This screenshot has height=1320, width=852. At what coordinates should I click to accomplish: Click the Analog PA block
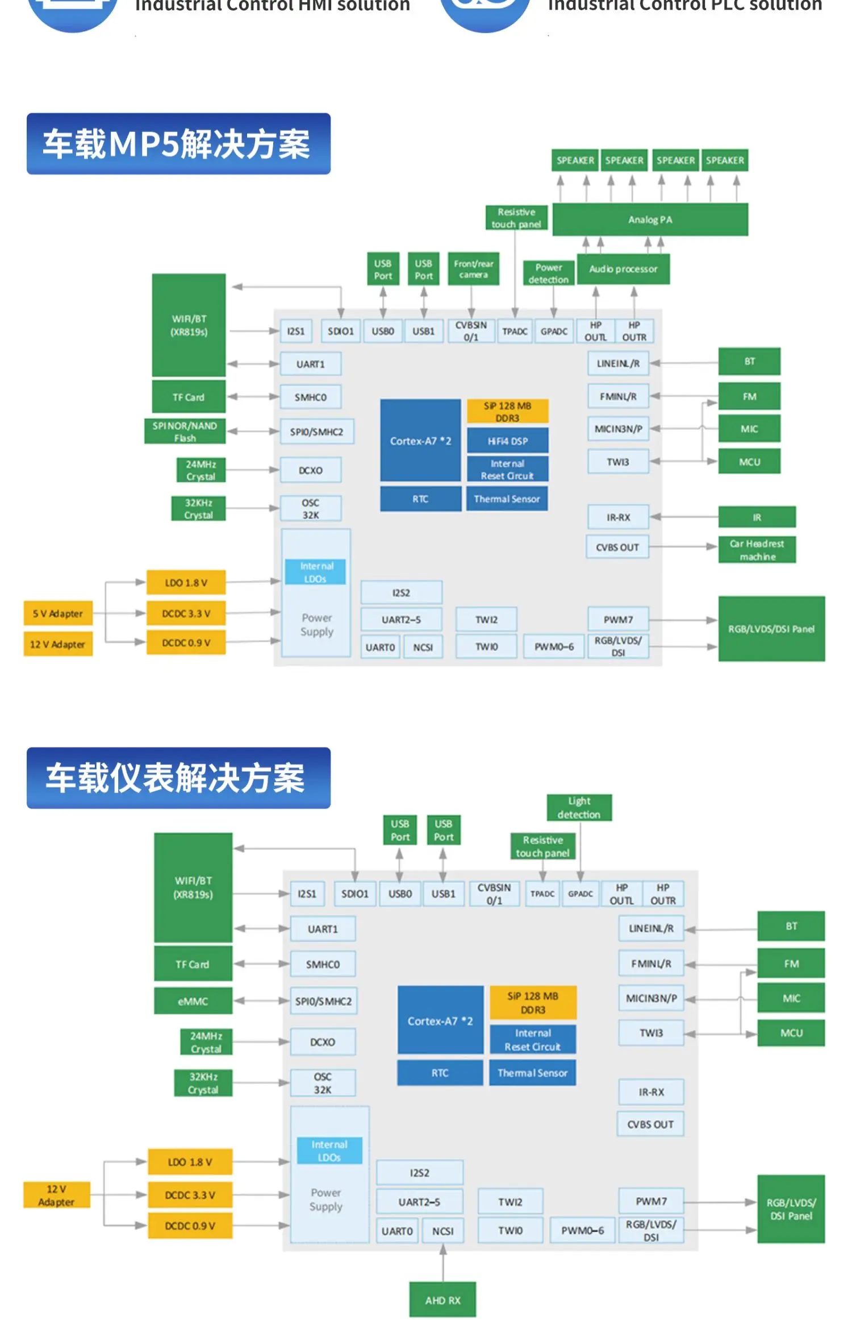[x=650, y=219]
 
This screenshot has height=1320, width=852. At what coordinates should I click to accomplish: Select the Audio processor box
[x=623, y=269]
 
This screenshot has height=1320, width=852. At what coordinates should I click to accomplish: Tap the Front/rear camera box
[x=473, y=269]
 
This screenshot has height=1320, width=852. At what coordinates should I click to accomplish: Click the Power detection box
[x=548, y=273]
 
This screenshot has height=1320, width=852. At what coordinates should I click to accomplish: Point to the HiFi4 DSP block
[x=507, y=441]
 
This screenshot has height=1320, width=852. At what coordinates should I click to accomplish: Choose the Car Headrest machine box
[x=757, y=550]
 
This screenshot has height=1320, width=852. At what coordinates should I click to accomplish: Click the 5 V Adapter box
[x=58, y=613]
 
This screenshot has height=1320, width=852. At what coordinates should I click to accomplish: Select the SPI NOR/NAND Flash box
[x=185, y=431]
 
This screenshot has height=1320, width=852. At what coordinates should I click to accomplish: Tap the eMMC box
[x=193, y=1001]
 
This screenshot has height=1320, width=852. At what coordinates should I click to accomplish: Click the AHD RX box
[x=442, y=1300]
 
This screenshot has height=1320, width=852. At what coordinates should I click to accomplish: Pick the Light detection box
[x=579, y=808]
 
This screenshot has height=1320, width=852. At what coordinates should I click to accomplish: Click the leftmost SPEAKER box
[x=575, y=160]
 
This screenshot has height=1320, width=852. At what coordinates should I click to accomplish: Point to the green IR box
[x=757, y=517]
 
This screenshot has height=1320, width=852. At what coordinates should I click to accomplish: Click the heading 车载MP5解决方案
[x=178, y=144]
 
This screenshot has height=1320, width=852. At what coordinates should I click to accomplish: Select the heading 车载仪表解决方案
[x=178, y=778]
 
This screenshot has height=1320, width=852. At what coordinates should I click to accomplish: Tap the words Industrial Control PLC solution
[x=684, y=6]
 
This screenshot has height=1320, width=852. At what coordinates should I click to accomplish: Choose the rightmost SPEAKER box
[x=725, y=160]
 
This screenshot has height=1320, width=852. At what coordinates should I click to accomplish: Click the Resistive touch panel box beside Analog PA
[x=516, y=218]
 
